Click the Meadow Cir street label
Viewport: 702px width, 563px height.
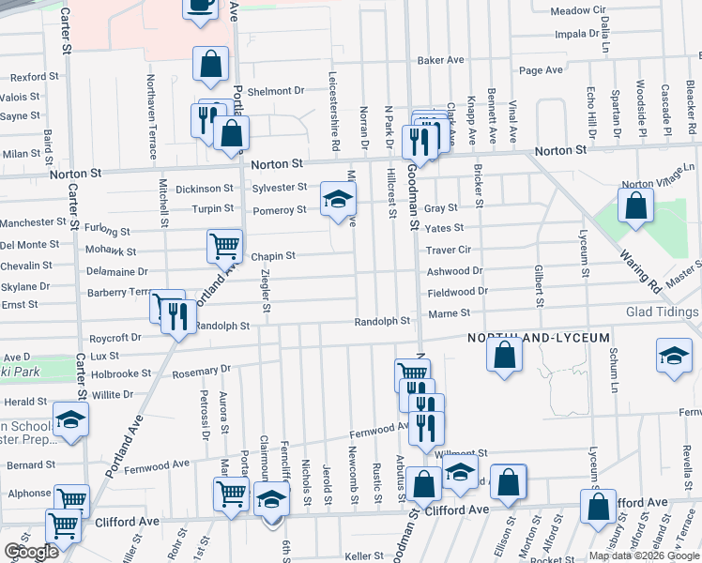click(577, 10)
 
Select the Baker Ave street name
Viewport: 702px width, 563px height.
click(441, 60)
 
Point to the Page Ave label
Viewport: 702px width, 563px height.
click(541, 69)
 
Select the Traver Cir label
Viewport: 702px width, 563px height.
click(448, 250)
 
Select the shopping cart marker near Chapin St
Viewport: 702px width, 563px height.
click(224, 247)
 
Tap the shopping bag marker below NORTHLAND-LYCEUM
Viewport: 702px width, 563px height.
click(504, 356)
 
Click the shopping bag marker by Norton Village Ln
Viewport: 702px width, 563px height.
click(635, 206)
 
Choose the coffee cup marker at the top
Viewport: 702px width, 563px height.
click(200, 7)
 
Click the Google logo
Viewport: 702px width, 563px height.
click(31, 552)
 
